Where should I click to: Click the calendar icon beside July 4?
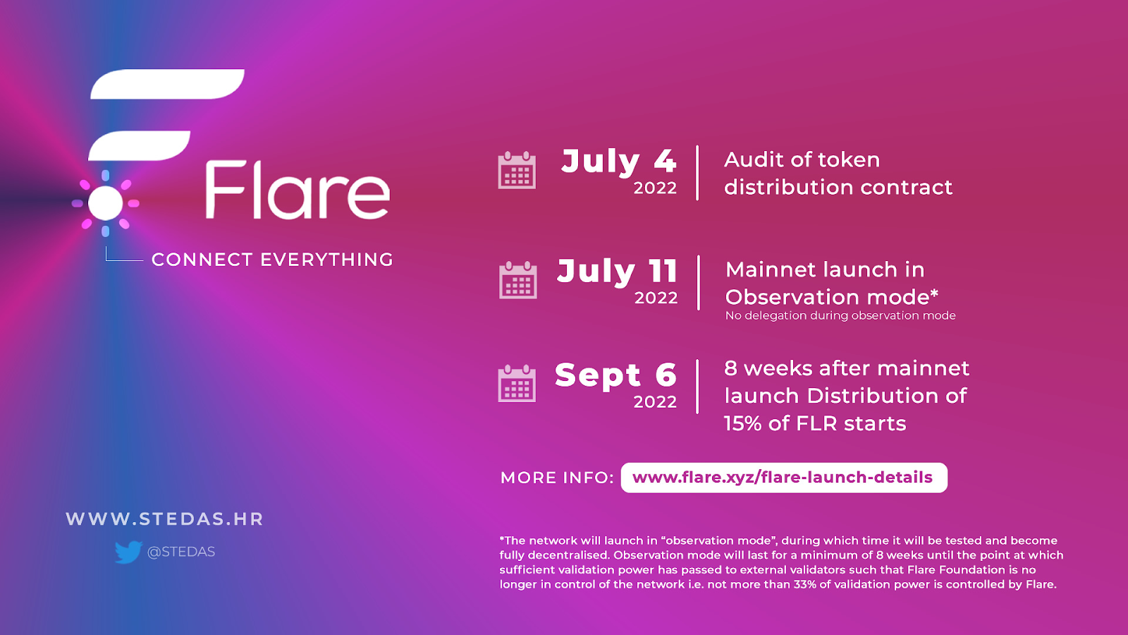pos(517,170)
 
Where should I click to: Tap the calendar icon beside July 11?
pos(517,280)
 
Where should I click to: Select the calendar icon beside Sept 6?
pos(517,384)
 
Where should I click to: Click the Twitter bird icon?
pos(128,552)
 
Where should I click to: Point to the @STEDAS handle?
pos(180,552)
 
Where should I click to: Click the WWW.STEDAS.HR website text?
pos(165,519)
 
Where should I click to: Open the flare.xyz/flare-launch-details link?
pos(783,477)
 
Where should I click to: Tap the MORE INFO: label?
pos(557,478)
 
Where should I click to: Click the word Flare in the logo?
pos(298,190)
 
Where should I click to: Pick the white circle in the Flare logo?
pos(105,203)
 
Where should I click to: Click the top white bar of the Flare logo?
pos(167,84)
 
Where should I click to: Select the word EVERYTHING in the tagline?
pos(326,260)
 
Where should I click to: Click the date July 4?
pos(619,162)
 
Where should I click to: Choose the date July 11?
pos(618,271)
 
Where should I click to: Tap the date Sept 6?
pos(615,375)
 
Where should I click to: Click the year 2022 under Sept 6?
pos(655,401)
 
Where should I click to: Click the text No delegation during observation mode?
pos(840,315)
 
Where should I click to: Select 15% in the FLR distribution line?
pos(743,423)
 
